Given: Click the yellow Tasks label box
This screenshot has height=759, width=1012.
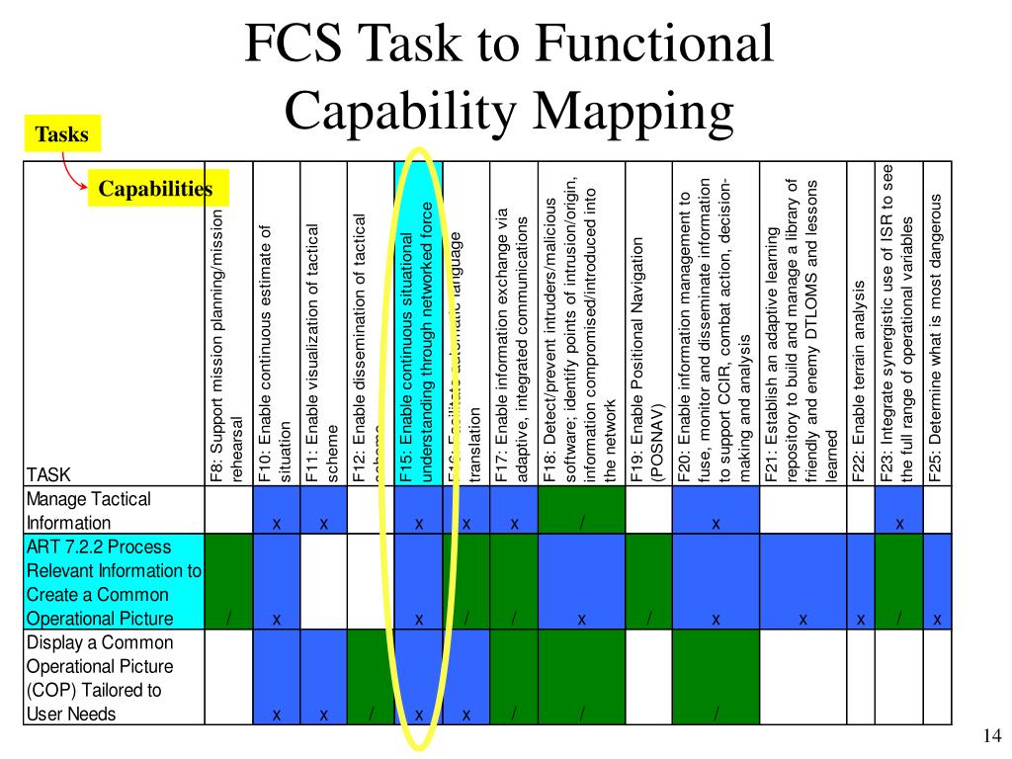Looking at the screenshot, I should pyautogui.click(x=62, y=134).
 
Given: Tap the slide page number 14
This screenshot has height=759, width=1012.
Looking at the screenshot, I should pyautogui.click(x=992, y=736).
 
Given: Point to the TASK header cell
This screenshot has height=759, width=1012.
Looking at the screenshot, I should pyautogui.click(x=48, y=475).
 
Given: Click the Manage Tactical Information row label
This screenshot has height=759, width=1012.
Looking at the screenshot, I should pyautogui.click(x=89, y=511).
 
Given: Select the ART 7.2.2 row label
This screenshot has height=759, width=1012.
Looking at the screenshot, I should pyautogui.click(x=113, y=582).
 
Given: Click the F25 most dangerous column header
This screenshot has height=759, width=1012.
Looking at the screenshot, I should pyautogui.click(x=936, y=336).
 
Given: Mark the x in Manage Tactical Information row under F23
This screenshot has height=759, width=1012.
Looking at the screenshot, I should pyautogui.click(x=899, y=524).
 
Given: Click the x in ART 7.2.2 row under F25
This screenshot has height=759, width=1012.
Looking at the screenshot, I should pyautogui.click(x=937, y=620).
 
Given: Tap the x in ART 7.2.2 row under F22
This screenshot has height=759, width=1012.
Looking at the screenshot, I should pyautogui.click(x=861, y=620).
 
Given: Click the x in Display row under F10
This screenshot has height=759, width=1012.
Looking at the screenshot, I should pyautogui.click(x=277, y=715).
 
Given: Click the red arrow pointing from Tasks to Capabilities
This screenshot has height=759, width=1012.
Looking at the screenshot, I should pyautogui.click(x=72, y=171).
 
